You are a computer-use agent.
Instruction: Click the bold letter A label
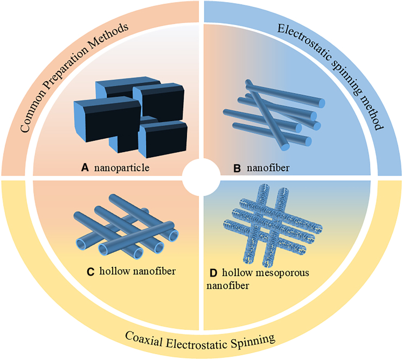point(84,168)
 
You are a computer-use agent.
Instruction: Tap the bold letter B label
point(237,168)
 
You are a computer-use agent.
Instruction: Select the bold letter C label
point(91,271)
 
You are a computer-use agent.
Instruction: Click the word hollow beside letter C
point(114,271)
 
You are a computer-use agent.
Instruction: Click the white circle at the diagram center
point(200,178)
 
